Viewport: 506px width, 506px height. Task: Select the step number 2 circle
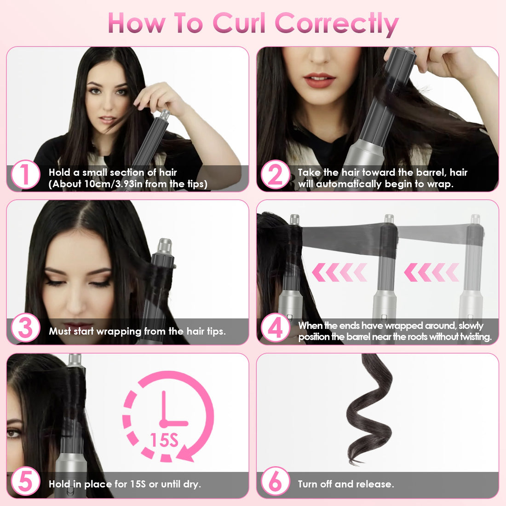click(x=275, y=175)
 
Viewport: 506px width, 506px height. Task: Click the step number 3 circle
click(x=25, y=328)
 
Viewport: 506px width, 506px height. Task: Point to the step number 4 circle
click(x=275, y=328)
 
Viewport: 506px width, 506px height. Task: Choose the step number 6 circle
click(x=275, y=482)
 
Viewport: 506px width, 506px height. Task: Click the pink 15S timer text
click(x=164, y=440)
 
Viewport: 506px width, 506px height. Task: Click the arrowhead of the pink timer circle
click(x=186, y=454)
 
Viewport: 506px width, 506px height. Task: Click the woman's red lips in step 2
click(x=320, y=80)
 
